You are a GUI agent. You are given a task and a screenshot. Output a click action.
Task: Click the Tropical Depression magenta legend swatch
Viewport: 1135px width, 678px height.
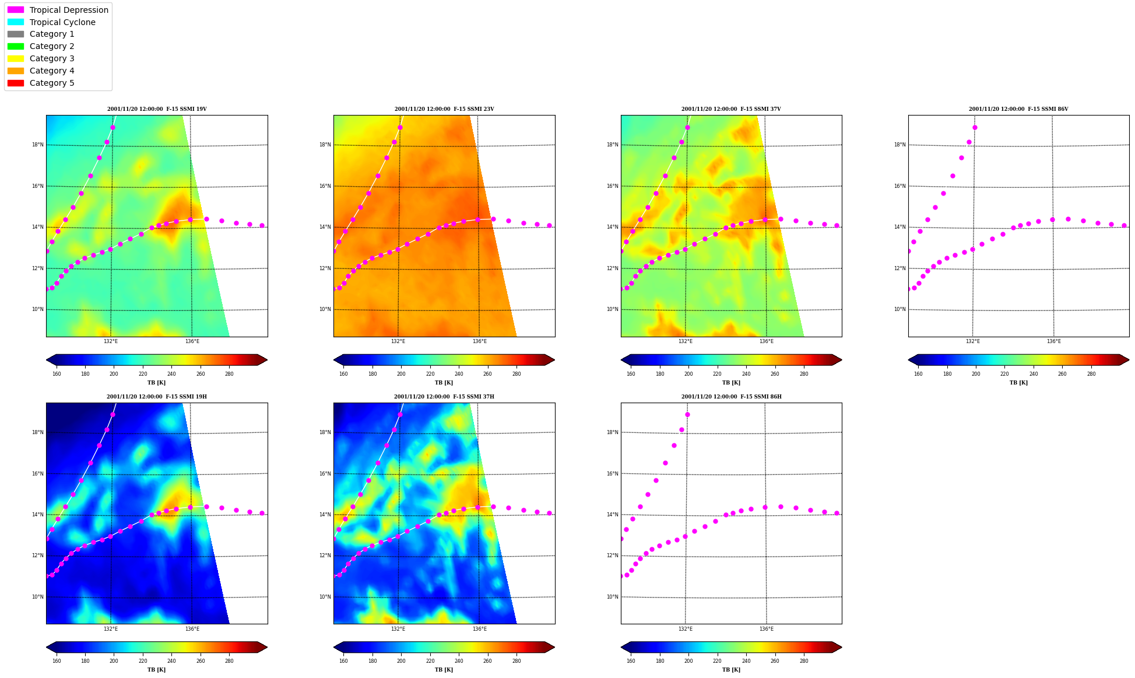tap(16, 10)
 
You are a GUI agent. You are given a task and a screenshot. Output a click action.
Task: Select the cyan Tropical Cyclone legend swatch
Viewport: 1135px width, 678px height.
tap(16, 22)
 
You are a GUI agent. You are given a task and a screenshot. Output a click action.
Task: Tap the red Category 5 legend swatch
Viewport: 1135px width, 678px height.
tap(16, 83)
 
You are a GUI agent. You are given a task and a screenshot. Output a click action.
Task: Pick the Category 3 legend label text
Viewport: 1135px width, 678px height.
tap(52, 58)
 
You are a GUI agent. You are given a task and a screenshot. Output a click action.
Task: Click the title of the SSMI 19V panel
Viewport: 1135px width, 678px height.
tap(157, 109)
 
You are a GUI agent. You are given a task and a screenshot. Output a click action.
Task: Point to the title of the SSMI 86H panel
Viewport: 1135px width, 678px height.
tap(732, 397)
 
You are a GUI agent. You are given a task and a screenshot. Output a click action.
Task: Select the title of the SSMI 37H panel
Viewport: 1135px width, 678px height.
tap(444, 397)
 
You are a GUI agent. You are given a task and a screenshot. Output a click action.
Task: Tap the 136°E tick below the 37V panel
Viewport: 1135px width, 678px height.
tap(767, 341)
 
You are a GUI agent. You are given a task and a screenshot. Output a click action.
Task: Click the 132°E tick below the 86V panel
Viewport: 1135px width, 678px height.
tap(973, 341)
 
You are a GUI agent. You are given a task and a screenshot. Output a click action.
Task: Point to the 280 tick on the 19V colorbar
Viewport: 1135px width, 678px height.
tap(229, 374)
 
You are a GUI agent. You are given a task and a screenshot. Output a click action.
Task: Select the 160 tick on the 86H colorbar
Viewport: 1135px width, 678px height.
tap(631, 661)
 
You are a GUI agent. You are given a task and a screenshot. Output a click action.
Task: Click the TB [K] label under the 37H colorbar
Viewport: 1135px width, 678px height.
tap(444, 670)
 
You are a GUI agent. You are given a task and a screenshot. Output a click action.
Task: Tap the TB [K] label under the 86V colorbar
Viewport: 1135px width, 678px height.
tap(1019, 383)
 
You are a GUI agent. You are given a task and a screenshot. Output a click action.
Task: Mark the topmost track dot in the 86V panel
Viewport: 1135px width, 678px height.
tap(975, 127)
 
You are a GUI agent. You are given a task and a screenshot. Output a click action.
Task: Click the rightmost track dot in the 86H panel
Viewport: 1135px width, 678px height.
tap(837, 513)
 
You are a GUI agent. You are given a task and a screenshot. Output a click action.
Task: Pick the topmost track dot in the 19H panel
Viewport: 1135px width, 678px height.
tap(113, 415)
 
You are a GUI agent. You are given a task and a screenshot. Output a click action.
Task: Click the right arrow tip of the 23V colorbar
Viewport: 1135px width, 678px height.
tap(554, 360)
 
